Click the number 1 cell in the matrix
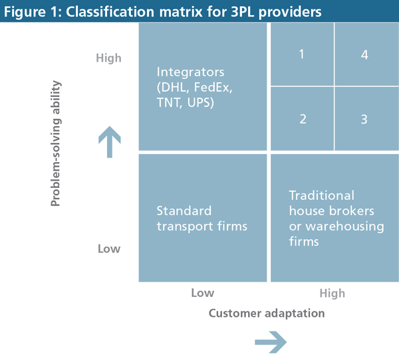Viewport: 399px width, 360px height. (302, 54)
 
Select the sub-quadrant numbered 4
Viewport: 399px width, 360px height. (364, 54)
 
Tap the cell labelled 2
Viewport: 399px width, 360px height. (302, 120)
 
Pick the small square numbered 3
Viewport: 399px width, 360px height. (364, 120)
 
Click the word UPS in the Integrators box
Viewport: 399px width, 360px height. (199, 104)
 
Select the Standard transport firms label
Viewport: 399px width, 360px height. (201, 219)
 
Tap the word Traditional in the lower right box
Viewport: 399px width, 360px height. (322, 196)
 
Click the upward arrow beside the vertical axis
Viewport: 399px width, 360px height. (109, 142)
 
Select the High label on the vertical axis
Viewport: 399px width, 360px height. (108, 58)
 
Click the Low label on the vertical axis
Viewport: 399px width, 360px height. (109, 248)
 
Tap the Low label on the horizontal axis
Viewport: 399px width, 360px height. (202, 293)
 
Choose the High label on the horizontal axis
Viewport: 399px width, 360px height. (332, 293)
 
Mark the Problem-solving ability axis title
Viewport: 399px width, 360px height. (56, 143)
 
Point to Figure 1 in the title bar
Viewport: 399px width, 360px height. (31, 11)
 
